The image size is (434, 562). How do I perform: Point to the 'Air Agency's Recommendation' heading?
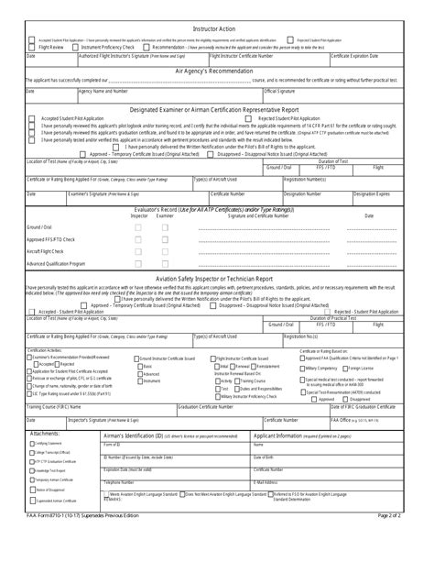(x=217, y=69)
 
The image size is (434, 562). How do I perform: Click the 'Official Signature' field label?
(x=279, y=92)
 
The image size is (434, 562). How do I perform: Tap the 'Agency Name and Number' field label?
(x=102, y=92)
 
